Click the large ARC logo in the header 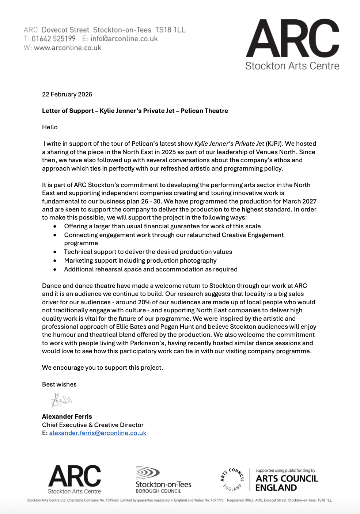[292, 44]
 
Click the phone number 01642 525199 [53, 39]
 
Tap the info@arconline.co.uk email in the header [124, 39]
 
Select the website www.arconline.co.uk [68, 47]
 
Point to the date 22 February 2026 [67, 94]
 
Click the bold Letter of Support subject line [135, 111]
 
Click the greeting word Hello [50, 127]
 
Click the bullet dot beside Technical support [55, 252]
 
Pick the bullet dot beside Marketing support [55, 260]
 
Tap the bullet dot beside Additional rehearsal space [55, 269]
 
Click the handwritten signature [61, 400]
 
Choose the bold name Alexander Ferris [67, 416]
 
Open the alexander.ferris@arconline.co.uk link [98, 433]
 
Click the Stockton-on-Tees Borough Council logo [163, 480]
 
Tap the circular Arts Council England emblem [232, 479]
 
